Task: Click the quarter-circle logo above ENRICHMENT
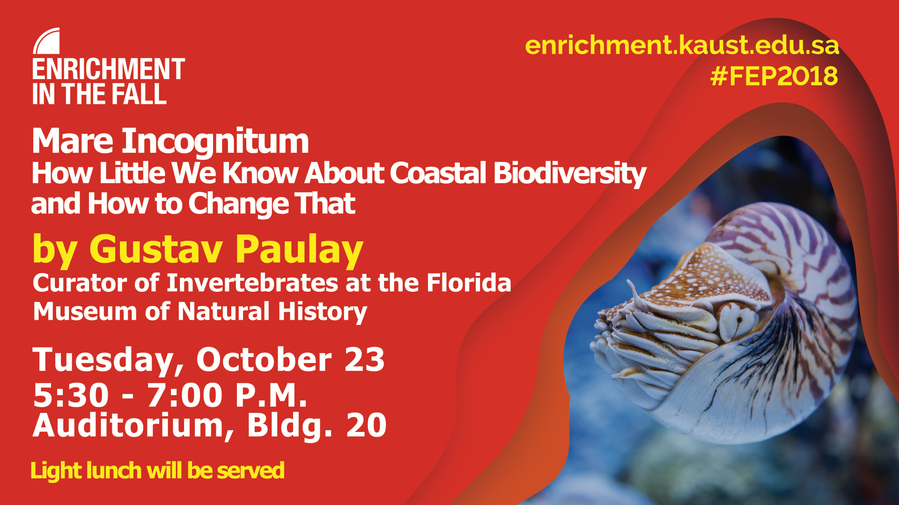(x=47, y=41)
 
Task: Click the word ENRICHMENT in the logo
(x=109, y=69)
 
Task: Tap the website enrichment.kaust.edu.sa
(x=682, y=45)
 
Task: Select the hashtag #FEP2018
(x=774, y=76)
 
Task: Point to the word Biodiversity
(x=570, y=174)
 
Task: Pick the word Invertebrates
(x=252, y=283)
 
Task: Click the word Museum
(x=85, y=311)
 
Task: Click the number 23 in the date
(x=364, y=360)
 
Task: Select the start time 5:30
(x=71, y=396)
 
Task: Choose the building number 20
(x=366, y=426)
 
